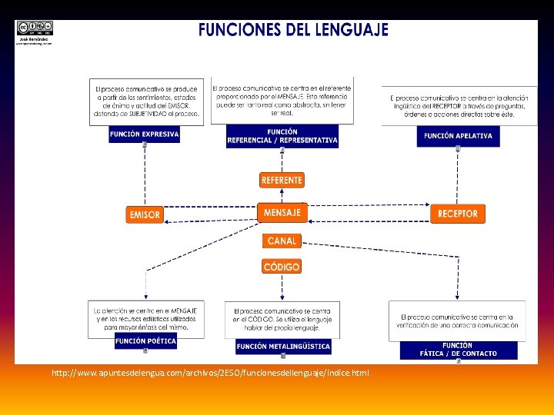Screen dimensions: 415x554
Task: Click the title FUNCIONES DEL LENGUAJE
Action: coord(293,31)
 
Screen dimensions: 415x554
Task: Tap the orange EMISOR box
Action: coord(145,214)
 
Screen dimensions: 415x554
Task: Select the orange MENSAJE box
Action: coord(282,212)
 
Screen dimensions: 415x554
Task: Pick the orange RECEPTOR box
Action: coord(458,214)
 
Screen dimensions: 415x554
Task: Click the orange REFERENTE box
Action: coord(282,180)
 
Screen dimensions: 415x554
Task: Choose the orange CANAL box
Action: coord(282,241)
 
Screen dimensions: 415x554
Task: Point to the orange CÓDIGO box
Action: coord(282,267)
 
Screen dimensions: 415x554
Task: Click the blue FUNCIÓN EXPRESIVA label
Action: coord(145,134)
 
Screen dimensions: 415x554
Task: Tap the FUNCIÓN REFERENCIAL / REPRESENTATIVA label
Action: coord(282,136)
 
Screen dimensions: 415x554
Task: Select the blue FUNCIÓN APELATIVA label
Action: coord(458,137)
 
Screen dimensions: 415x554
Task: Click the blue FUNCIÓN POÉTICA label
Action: coord(145,340)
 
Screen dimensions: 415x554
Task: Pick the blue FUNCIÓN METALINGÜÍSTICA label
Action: coord(283,347)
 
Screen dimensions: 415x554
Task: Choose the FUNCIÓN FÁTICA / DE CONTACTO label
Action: coord(458,350)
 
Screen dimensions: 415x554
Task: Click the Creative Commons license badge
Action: coord(35,28)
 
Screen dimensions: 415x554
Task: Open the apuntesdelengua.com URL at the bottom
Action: coord(210,373)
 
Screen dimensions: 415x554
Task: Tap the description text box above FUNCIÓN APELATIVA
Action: coord(459,105)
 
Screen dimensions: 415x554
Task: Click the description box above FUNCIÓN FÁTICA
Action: coord(458,321)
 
